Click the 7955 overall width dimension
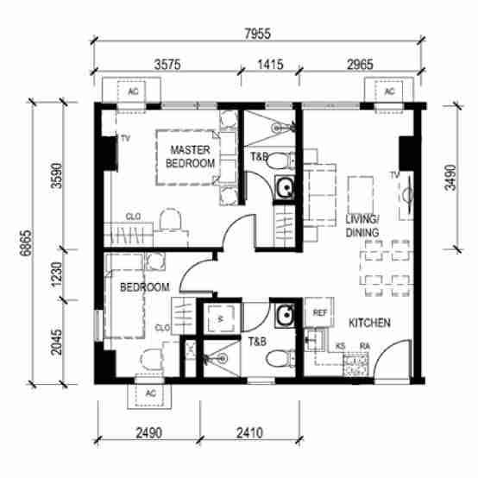pos(258,34)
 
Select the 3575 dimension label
pos(167,65)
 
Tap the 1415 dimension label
pos(270,65)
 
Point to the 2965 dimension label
pos(360,65)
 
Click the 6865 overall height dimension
pos(26,242)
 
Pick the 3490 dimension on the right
pos(450,178)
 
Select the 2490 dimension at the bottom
pos(148,433)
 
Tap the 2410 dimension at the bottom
pos(249,433)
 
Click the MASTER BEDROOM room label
pos(190,157)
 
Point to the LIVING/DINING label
pos(362,226)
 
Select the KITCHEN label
pos(369,324)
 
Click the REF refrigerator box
pos(319,312)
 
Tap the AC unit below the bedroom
pos(149,393)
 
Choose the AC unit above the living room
pos(389,91)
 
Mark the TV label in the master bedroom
pos(125,138)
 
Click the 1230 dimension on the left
pos(57,274)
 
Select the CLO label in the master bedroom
pos(133,217)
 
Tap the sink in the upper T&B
pos(284,187)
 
